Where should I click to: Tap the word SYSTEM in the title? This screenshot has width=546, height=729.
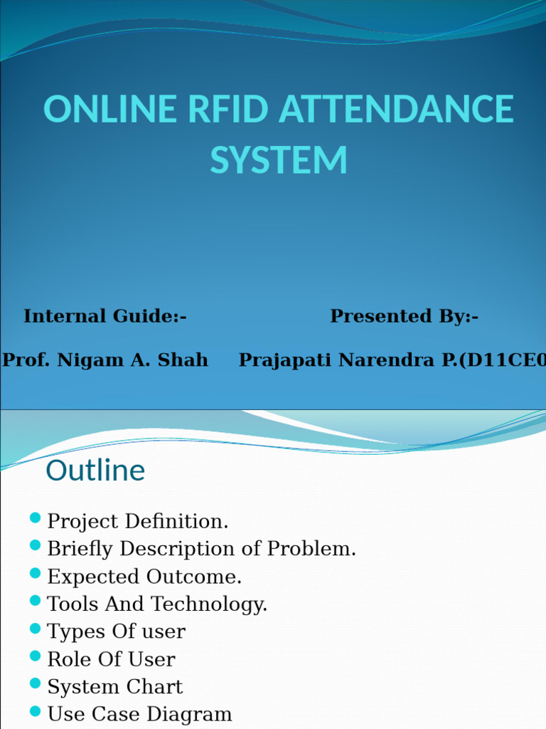[x=279, y=160]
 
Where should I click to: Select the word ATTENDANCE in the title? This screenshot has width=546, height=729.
[x=396, y=110]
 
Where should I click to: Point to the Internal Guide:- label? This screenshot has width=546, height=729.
[x=105, y=316]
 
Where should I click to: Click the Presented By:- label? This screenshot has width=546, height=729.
[x=404, y=316]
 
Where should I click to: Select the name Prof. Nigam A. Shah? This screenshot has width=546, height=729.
[x=105, y=360]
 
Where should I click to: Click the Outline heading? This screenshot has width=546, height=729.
[x=95, y=471]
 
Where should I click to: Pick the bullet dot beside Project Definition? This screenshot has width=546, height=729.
[x=36, y=518]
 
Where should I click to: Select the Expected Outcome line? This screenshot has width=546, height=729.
[x=144, y=577]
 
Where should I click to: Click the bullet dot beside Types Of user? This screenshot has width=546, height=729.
[x=36, y=629]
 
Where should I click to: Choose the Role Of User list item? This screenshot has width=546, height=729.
[x=111, y=659]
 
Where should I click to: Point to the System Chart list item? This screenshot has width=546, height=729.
[x=114, y=687]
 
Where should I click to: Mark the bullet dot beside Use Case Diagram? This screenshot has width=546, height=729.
[x=36, y=711]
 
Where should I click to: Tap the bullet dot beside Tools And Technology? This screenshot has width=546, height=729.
[x=36, y=601]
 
